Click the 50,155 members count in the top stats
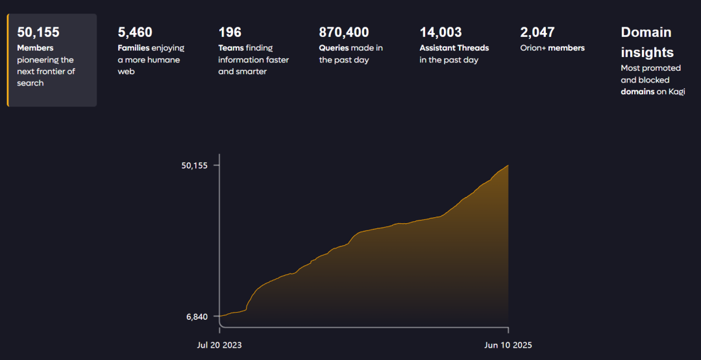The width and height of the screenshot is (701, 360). [x=38, y=32]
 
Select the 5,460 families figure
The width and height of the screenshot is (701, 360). [x=135, y=32]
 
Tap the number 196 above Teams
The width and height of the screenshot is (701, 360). [x=230, y=32]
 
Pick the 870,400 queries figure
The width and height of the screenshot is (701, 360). [x=344, y=32]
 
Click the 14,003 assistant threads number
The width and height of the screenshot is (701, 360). [x=441, y=32]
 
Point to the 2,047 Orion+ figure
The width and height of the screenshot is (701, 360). [x=537, y=32]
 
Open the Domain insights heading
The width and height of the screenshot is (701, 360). [x=646, y=42]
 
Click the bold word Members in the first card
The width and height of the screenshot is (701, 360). [x=35, y=48]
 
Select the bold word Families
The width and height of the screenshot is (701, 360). [x=134, y=48]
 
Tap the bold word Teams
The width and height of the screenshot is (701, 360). [x=230, y=48]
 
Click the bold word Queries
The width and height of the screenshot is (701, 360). [x=334, y=48]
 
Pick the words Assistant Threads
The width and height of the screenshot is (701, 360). [x=454, y=48]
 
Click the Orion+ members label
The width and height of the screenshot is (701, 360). [x=552, y=48]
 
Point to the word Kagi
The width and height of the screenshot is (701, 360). [x=676, y=91]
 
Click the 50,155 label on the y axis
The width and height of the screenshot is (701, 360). [x=195, y=165]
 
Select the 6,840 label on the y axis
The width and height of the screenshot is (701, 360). [x=197, y=317]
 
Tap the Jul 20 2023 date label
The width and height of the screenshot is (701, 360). [x=219, y=345]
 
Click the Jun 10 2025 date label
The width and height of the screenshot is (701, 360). [x=508, y=345]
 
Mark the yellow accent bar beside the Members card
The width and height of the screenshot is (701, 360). [x=8, y=60]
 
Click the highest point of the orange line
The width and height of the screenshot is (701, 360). [x=508, y=165]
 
